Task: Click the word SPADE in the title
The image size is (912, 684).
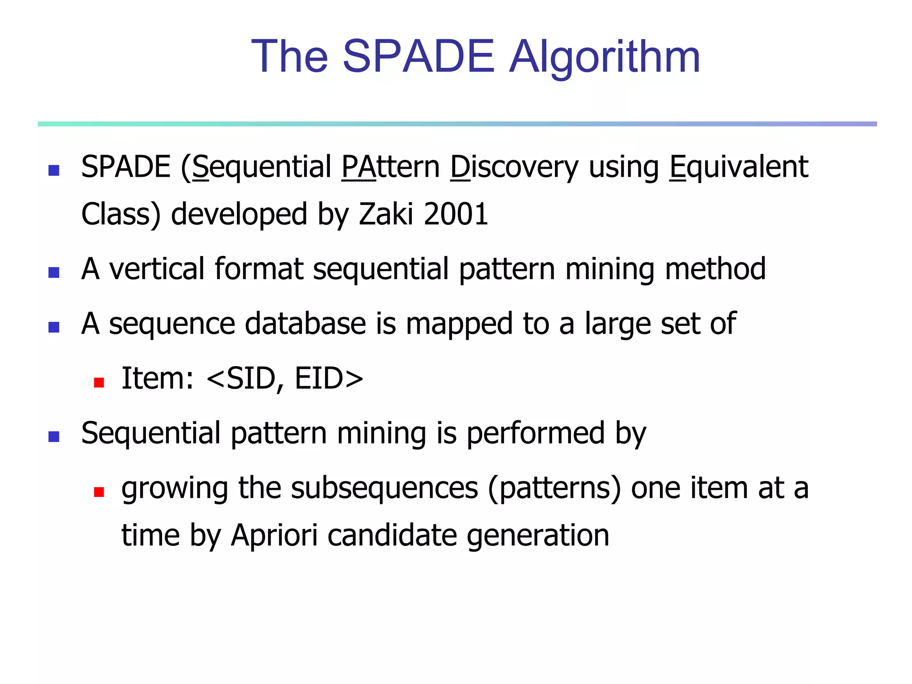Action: pyautogui.click(x=418, y=57)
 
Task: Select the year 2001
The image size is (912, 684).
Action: pyautogui.click(x=456, y=214)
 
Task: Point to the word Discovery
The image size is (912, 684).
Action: pyautogui.click(x=514, y=167)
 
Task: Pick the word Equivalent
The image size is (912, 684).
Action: pyautogui.click(x=739, y=167)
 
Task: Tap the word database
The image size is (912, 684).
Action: pyautogui.click(x=305, y=324)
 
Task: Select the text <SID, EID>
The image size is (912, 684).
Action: pyautogui.click(x=285, y=379)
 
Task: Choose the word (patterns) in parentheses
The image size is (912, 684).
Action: pyautogui.click(x=554, y=488)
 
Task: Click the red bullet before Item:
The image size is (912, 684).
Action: pyautogui.click(x=99, y=382)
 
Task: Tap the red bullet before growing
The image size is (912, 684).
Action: pyautogui.click(x=99, y=492)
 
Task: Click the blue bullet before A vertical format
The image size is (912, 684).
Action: pyautogui.click(x=54, y=273)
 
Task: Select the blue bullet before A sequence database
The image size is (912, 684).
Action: pyautogui.click(x=54, y=327)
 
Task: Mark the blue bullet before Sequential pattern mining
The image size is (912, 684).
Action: pyautogui.click(x=54, y=436)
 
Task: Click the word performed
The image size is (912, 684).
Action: pyautogui.click(x=535, y=433)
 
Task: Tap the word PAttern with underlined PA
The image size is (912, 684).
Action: pyautogui.click(x=391, y=167)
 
